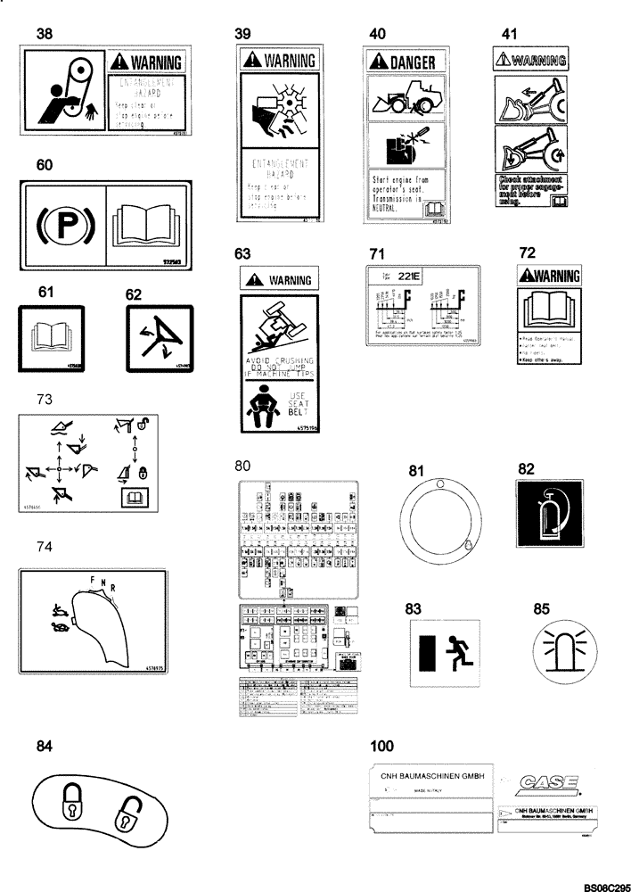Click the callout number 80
(x=242, y=465)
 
